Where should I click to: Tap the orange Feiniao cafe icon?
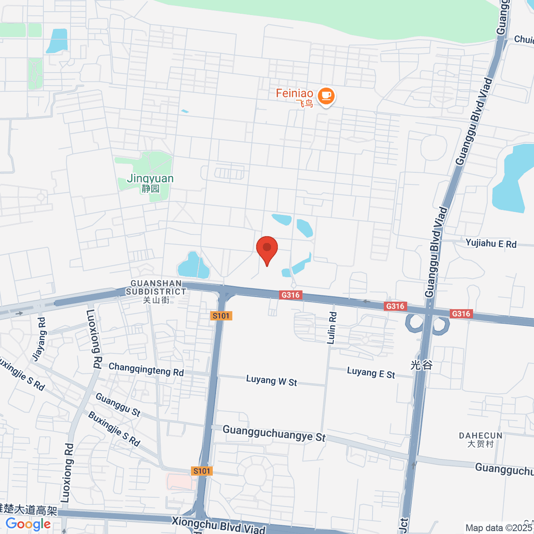326,96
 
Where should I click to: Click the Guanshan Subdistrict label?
156,291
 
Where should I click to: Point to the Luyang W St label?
271,381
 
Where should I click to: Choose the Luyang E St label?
371,373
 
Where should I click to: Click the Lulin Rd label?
332,328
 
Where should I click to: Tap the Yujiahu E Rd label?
491,243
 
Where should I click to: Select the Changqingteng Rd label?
146,369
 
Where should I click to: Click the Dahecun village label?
481,439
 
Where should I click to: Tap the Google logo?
28,524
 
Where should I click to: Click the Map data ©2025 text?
498,528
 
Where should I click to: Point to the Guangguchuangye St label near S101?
274,433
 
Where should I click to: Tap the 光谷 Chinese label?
421,365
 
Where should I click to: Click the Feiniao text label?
294,93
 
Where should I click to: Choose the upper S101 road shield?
221,316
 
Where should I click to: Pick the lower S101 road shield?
202,471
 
